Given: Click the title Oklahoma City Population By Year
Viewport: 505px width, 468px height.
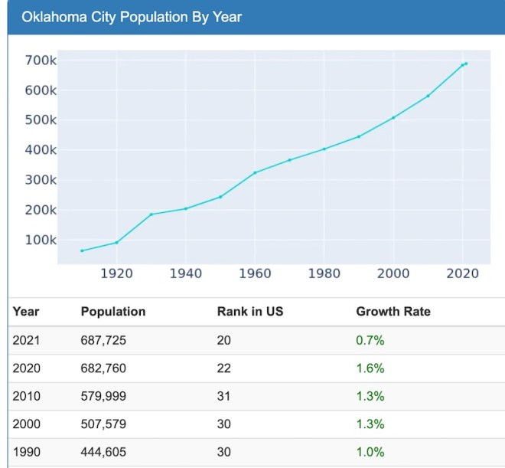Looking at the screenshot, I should (131, 16).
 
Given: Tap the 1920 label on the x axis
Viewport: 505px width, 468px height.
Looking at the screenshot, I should (116, 273).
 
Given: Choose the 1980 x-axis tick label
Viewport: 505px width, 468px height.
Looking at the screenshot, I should (324, 273).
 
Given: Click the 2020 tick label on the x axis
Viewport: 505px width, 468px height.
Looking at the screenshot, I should (462, 273).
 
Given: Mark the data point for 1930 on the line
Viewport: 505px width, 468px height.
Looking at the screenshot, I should (151, 214).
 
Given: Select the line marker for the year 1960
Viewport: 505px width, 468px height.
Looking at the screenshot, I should (255, 172).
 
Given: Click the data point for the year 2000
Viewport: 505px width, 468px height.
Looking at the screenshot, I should (393, 118).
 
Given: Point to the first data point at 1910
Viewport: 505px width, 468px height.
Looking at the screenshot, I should (82, 250).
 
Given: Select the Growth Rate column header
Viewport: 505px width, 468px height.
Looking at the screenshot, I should (393, 312).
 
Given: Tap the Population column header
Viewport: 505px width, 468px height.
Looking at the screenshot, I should (112, 312).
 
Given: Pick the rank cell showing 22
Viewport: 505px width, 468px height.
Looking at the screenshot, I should (223, 368).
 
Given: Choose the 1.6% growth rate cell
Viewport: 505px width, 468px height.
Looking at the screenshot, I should (370, 368).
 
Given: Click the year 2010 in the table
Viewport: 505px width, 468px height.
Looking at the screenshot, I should (26, 396).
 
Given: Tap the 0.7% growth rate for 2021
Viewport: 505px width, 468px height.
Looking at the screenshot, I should (370, 340).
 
